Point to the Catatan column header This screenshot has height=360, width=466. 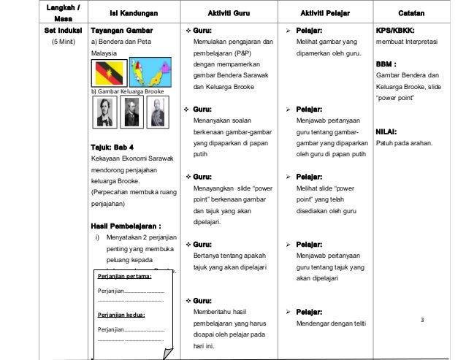[x=414, y=13]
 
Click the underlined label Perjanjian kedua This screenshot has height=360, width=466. [x=121, y=315]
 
